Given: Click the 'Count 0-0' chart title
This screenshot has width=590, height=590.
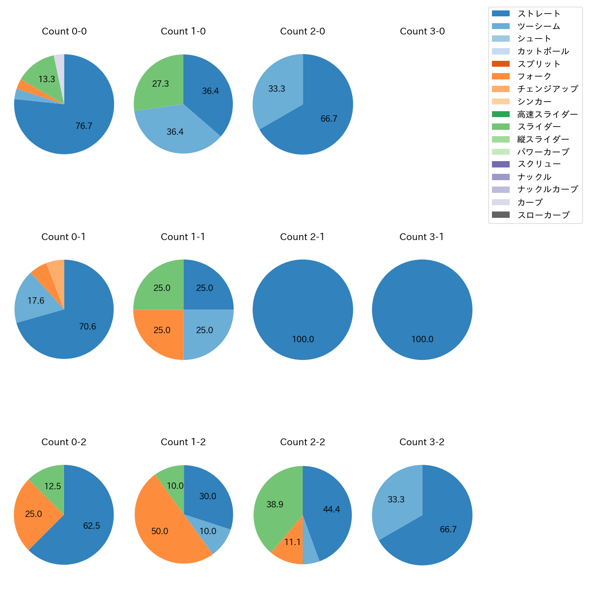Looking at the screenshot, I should coord(64,31).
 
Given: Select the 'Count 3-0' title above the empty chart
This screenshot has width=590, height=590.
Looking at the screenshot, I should coord(422,31).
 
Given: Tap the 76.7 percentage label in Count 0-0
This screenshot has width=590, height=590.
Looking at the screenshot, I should coord(84,126).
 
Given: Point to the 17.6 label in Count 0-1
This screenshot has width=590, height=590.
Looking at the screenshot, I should coord(36,301).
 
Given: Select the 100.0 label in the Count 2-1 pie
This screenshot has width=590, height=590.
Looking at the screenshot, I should coord(303,339).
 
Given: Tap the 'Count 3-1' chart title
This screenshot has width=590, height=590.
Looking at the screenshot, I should coord(422,237).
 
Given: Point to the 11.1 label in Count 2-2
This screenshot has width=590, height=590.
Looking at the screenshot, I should coord(292,542).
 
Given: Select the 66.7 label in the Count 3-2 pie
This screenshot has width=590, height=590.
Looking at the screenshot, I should coord(448,530).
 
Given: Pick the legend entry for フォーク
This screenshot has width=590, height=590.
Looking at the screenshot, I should coord(534,76).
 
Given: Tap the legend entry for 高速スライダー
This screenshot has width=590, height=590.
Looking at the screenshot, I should coord(547,114).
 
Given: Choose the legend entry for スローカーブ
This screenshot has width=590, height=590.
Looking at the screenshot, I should coord(543,215).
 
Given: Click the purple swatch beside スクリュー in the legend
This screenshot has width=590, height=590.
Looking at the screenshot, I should coord(501,164).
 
